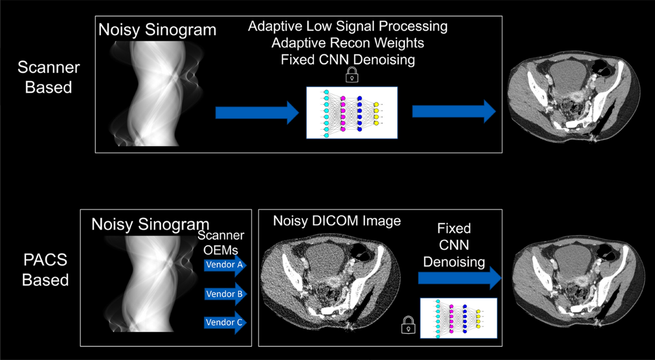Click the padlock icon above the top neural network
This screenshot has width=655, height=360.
point(351,76)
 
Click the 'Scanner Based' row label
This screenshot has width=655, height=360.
point(49,77)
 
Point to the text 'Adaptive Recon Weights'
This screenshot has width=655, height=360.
point(348,43)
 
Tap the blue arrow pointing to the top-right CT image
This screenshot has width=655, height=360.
point(454,112)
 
